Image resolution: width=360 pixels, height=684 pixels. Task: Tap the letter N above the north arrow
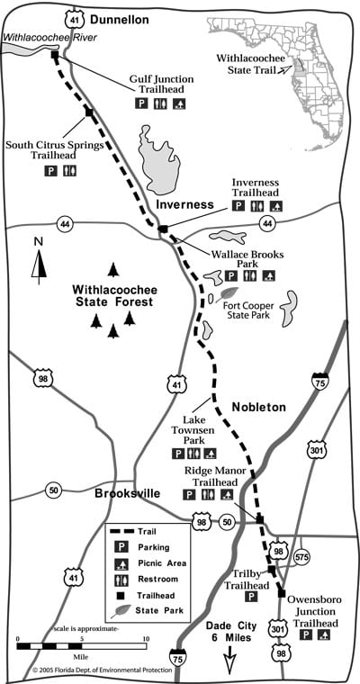tap(39, 242)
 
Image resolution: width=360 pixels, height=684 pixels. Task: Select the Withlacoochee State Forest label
tap(111, 294)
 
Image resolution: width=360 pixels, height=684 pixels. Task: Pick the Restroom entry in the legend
tap(155, 579)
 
